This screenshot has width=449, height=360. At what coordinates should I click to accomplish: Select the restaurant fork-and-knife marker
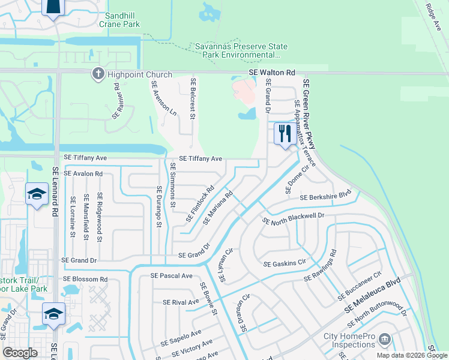coord(283,133)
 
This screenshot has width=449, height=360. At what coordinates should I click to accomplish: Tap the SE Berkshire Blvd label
coord(325,197)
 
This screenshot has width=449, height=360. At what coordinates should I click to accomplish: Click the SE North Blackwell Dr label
coord(294,218)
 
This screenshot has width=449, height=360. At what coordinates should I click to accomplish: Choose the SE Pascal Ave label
coord(172,275)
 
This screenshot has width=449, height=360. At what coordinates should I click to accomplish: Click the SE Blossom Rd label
coord(85,279)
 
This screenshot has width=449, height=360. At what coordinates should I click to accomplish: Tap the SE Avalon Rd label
coord(83,173)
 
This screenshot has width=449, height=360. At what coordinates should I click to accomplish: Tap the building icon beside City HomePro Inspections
coord(384,340)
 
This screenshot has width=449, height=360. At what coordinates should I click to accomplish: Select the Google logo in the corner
coord(20,353)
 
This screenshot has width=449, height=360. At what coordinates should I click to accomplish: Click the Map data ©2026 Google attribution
coord(411,355)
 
